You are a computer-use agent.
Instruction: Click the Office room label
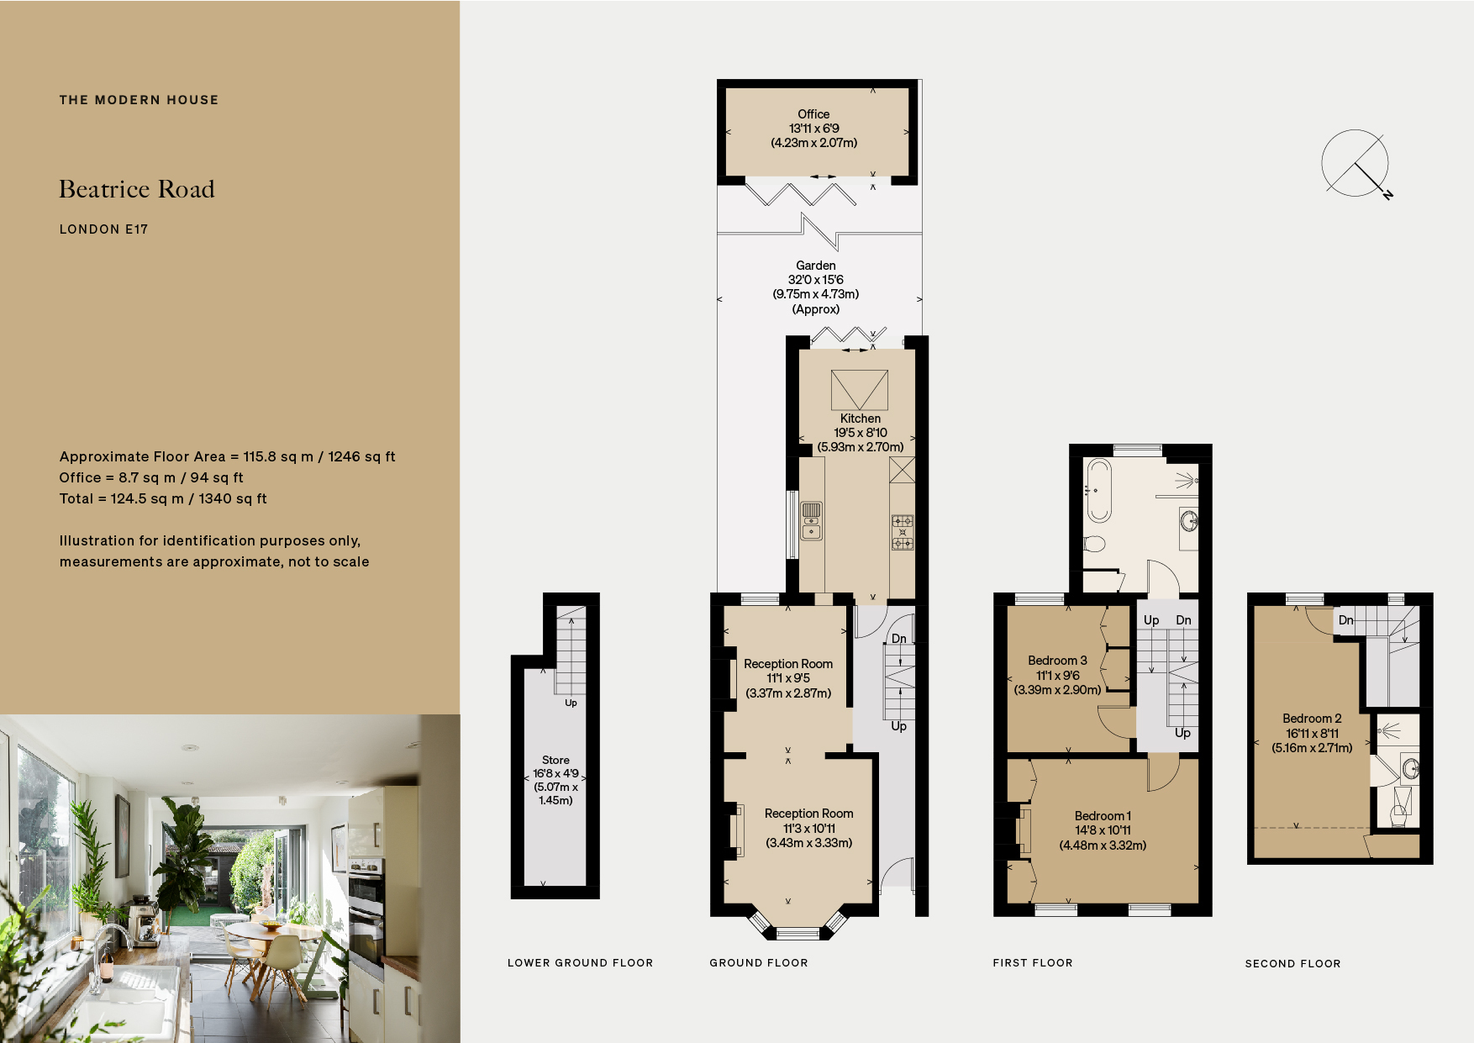coord(813,114)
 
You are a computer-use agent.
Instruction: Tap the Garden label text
coord(815,266)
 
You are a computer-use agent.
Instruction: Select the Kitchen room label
coord(861,419)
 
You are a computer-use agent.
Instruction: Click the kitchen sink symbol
coord(811,520)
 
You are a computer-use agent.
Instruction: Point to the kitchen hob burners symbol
coord(902,532)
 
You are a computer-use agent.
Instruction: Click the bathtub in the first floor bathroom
coord(1098,490)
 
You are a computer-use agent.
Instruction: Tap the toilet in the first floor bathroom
coord(1093,544)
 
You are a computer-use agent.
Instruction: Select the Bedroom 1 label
coord(1103,816)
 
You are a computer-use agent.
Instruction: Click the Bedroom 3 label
coord(1057,661)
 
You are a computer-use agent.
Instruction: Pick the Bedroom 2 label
coord(1312,719)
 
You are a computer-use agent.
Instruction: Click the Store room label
coord(555,760)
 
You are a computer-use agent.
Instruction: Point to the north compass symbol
coord(1356,165)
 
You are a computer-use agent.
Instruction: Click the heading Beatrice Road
coord(137,189)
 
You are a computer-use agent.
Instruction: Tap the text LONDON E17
coord(103,229)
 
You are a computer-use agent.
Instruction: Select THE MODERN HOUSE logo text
coord(139,100)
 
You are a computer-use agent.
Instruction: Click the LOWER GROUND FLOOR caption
coord(580,963)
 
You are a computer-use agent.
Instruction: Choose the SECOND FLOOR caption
coord(1292,964)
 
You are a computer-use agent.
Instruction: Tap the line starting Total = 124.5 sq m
coord(163,498)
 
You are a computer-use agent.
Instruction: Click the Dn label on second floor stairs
coord(1345,620)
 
